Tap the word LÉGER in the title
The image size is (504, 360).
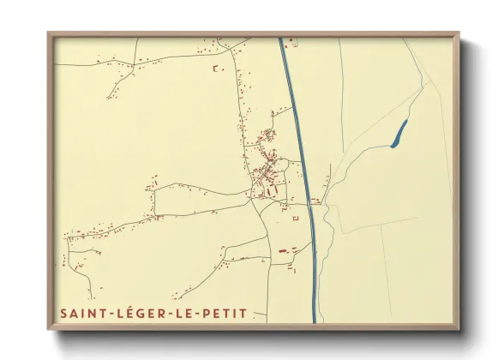[x=140, y=314]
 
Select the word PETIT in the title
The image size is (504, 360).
[x=224, y=314]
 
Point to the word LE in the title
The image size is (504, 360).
[x=185, y=314]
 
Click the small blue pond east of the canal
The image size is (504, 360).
[x=399, y=134]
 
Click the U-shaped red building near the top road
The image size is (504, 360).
[x=217, y=68]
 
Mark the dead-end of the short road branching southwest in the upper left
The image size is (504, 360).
[x=108, y=97]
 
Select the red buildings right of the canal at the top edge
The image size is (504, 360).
[x=293, y=41]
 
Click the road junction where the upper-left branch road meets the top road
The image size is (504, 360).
[x=136, y=59]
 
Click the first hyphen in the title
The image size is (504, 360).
[x=107, y=315]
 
